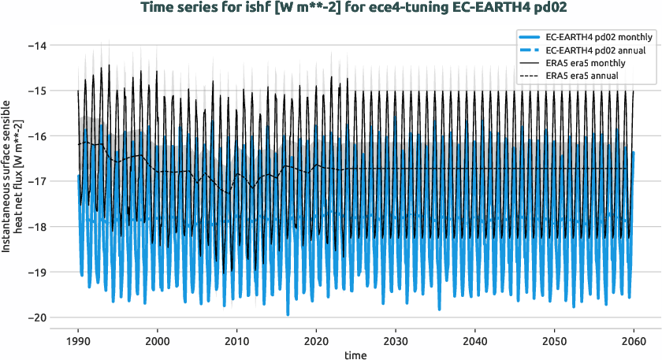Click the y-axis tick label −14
click(36, 46)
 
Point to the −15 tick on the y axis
click(36, 91)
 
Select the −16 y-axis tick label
click(36, 136)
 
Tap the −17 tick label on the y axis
click(36, 181)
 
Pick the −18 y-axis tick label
click(36, 227)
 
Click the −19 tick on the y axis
click(36, 272)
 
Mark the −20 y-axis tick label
click(36, 317)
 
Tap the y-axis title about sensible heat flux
click(13, 181)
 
